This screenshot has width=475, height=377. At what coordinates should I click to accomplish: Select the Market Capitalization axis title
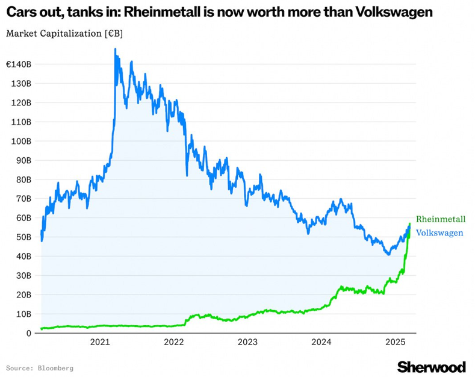(64, 33)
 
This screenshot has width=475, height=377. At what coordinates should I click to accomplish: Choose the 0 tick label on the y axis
(28, 333)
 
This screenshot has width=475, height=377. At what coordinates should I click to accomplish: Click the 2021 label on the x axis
(99, 343)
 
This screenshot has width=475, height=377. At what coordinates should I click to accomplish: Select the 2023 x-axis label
(247, 343)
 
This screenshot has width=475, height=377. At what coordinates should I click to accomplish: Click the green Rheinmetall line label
(441, 220)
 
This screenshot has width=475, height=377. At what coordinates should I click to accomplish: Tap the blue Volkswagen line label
(439, 233)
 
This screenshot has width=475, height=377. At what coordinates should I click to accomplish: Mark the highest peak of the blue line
(115, 50)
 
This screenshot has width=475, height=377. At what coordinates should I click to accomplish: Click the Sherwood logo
(431, 367)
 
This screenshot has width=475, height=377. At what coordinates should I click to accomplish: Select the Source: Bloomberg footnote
(40, 367)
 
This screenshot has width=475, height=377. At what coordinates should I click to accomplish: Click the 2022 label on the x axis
(173, 343)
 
